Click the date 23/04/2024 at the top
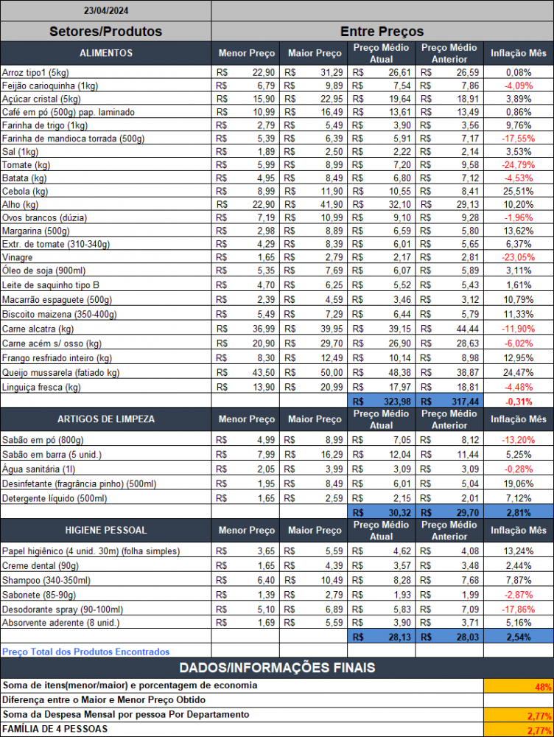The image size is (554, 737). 106,10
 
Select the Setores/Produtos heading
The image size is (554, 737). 106,32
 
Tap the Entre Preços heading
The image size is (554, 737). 382,32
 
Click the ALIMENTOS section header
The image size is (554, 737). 106,53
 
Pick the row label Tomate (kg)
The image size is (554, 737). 26,165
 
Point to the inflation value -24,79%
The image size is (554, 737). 519,165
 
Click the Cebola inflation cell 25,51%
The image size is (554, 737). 519,192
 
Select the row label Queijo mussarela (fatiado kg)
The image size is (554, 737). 60,373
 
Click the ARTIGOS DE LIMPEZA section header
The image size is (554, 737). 106,419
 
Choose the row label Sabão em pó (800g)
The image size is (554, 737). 43,440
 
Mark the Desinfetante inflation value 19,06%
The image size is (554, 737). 519,483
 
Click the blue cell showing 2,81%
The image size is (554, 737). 519,512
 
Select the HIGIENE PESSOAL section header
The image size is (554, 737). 106,530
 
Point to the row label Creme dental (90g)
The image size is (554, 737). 41,566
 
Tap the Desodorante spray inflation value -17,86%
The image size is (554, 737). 519,609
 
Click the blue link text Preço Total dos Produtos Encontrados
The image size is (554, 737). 86,652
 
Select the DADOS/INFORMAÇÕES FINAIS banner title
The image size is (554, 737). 277,668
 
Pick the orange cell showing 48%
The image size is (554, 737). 519,686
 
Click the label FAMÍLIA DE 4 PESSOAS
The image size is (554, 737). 55,729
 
